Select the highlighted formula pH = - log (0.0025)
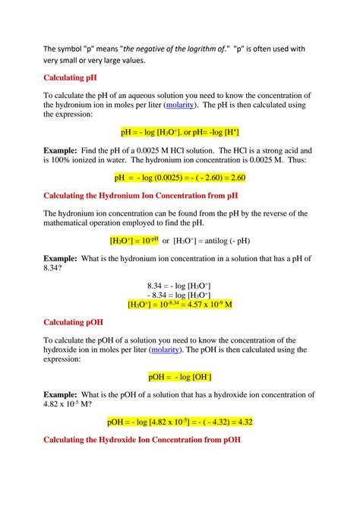[x=180, y=178]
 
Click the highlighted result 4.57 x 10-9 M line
[x=179, y=305]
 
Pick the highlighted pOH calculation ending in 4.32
[x=180, y=422]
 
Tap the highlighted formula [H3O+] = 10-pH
[x=134, y=241]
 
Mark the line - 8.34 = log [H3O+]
[x=179, y=294]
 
